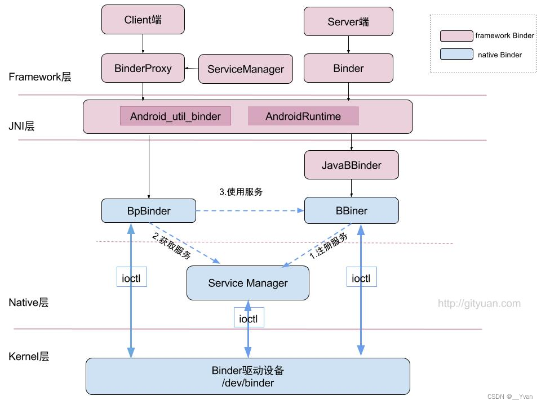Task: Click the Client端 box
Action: pos(143,20)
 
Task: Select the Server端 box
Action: pos(348,21)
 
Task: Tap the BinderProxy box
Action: pos(143,69)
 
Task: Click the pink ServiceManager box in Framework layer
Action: pos(246,69)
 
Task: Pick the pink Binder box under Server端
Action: pos(348,69)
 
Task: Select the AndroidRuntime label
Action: pos(303,116)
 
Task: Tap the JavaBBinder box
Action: pos(352,165)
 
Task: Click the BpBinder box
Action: pos(149,211)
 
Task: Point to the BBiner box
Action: pos(352,211)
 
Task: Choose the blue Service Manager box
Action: pos(248,283)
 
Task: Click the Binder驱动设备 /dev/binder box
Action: pos(248,376)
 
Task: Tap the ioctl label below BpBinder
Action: pos(132,277)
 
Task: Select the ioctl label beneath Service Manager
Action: pos(249,318)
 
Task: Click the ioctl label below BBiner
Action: pos(361,277)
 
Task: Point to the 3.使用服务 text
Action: pos(241,192)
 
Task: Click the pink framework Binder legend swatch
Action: pos(456,36)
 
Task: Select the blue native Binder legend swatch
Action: pos(456,55)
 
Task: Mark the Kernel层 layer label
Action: pos(29,357)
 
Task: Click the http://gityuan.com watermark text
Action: pos(479,304)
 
